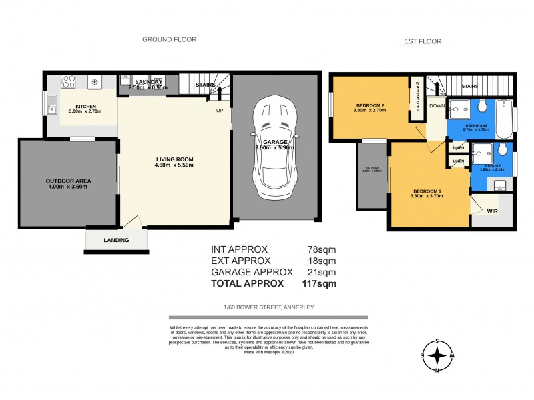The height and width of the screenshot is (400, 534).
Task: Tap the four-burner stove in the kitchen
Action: click(x=69, y=82)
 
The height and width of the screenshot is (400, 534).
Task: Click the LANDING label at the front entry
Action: click(x=115, y=240)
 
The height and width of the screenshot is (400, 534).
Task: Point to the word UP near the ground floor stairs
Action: click(x=219, y=111)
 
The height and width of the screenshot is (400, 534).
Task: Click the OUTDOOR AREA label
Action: click(x=68, y=181)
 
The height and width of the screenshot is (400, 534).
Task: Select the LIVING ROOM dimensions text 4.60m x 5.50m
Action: click(x=174, y=165)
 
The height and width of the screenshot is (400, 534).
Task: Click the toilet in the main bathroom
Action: click(x=481, y=106)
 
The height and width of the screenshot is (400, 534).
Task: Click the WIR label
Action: click(x=491, y=211)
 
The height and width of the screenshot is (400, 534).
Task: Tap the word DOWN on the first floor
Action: click(x=437, y=105)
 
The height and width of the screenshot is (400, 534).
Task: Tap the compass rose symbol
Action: click(x=437, y=357)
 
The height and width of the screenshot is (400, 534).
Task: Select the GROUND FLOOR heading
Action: click(x=169, y=39)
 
